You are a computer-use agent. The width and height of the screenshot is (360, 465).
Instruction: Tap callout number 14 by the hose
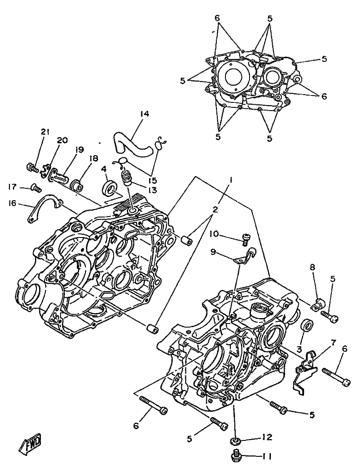(x=145, y=114)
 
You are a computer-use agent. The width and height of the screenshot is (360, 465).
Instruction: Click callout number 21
(x=45, y=132)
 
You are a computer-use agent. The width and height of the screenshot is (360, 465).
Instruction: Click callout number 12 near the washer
(x=267, y=437)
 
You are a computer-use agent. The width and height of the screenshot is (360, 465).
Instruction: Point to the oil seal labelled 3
(x=307, y=325)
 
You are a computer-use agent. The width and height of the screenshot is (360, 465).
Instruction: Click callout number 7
(x=333, y=343)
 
